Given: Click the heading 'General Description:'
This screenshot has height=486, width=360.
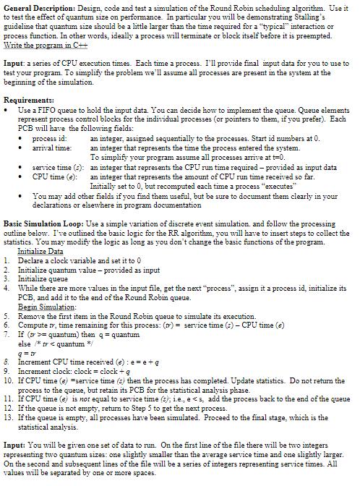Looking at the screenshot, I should pyautogui.click(x=36, y=6).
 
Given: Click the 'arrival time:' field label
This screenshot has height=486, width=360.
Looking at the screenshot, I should pyautogui.click(x=53, y=145).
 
